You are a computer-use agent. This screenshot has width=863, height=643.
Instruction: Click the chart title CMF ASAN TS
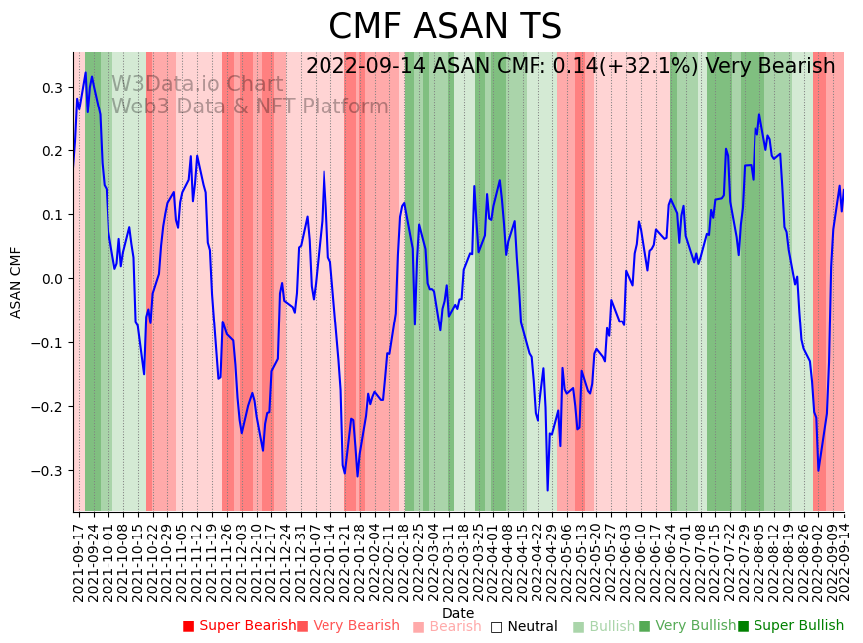coord(445,27)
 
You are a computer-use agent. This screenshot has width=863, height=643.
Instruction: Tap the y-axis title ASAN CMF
coord(16,282)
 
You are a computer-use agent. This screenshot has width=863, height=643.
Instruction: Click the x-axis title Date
coord(458,613)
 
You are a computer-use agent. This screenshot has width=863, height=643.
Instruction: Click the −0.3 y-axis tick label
coord(47,471)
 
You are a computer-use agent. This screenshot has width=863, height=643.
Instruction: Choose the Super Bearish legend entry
coord(239,626)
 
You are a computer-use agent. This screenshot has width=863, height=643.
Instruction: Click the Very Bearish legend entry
coord(349,626)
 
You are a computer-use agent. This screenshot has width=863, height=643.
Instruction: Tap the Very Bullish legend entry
coord(687,626)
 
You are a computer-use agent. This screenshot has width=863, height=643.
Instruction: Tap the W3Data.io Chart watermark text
coord(197,84)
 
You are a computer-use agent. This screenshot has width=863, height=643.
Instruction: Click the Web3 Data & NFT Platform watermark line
coord(250,107)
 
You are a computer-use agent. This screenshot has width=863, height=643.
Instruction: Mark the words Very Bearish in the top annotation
coord(769,67)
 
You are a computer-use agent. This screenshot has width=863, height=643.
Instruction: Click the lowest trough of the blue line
coord(547,489)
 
